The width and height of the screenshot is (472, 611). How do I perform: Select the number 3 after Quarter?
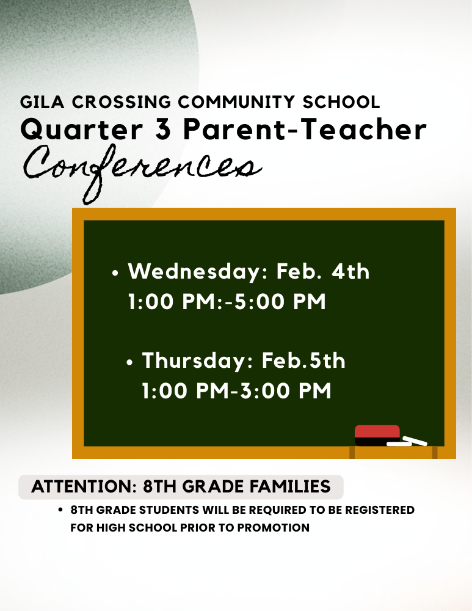(162, 130)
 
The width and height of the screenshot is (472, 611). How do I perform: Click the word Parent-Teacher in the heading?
(304, 130)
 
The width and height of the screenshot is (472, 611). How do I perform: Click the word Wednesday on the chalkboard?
(195, 271)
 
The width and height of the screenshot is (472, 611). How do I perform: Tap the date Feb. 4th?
(323, 271)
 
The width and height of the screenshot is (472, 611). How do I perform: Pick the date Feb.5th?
(303, 360)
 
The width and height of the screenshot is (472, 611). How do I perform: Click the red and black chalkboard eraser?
(377, 435)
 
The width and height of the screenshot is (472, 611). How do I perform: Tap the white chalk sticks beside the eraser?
(407, 441)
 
